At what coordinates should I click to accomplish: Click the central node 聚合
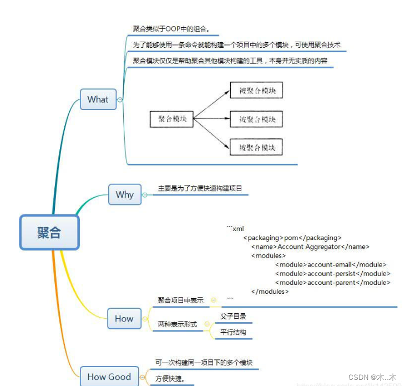pyautogui.click(x=49, y=232)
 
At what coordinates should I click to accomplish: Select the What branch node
pyautogui.click(x=98, y=99)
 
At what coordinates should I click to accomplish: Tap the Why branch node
pyautogui.click(x=125, y=194)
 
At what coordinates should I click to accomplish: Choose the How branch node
pyautogui.click(x=124, y=318)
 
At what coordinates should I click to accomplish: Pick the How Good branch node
pyautogui.click(x=109, y=377)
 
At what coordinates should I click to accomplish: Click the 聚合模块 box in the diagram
pyautogui.click(x=172, y=119)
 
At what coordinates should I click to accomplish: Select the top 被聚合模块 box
pyautogui.click(x=257, y=90)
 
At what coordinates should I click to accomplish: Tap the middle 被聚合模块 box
pyautogui.click(x=257, y=119)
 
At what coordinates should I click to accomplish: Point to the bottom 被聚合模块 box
pyautogui.click(x=257, y=147)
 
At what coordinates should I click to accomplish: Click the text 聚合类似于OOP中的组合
pyautogui.click(x=171, y=29)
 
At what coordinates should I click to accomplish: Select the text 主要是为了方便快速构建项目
pyautogui.click(x=200, y=188)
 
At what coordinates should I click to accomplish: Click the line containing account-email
pyautogui.click(x=331, y=265)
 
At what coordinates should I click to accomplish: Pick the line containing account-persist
pyautogui.click(x=333, y=274)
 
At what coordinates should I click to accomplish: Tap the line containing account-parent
pyautogui.click(x=333, y=283)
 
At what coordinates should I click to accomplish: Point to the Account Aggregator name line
pyautogui.click(x=310, y=247)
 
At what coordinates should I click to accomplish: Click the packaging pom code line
pyautogui.click(x=292, y=238)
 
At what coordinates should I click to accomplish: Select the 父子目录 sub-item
pyautogui.click(x=233, y=317)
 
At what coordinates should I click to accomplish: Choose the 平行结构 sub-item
pyautogui.click(x=233, y=333)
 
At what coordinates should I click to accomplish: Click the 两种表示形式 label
pyautogui.click(x=178, y=324)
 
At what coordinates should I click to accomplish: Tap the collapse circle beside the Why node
pyautogui.click(x=145, y=195)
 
